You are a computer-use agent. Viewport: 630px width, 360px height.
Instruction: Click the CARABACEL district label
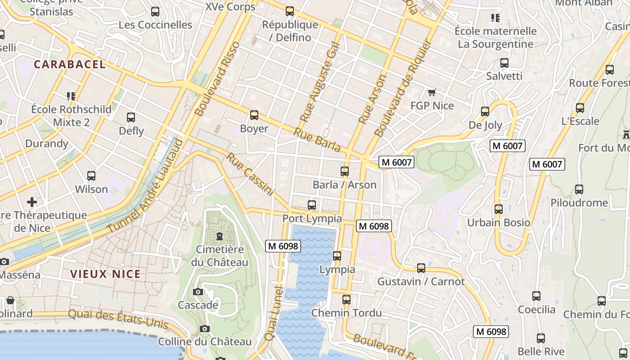pos(70,64)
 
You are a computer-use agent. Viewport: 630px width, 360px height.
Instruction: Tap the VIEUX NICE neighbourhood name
pos(105,274)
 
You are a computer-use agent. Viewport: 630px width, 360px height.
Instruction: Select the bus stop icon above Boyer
pos(254,115)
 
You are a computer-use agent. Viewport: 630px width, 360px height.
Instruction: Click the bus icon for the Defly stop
pos(131,117)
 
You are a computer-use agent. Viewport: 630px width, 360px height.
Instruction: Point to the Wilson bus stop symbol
pos(91,176)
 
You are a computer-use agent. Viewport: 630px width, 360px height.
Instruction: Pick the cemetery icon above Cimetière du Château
pos(220,236)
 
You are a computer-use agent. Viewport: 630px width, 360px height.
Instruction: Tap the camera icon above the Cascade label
pos(198,292)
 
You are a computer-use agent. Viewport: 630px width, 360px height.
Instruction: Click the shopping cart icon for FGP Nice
pos(432,92)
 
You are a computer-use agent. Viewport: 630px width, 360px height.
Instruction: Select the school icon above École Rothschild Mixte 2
pos(71,96)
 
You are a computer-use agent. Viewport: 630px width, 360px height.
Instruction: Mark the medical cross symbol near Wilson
pos(32,202)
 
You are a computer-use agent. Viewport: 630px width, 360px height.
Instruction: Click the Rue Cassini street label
pos(249,175)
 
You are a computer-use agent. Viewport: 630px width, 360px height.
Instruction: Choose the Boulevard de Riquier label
pos(403,89)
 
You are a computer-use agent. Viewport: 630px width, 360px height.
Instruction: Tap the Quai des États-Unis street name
pos(118,319)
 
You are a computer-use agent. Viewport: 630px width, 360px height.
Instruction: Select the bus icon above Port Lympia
pos(312,205)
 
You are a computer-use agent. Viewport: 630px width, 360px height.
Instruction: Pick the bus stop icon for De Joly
pos(485,112)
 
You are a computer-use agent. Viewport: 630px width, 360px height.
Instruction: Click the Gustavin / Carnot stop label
pos(421,282)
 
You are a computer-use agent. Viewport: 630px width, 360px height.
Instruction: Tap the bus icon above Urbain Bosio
pos(499,209)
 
